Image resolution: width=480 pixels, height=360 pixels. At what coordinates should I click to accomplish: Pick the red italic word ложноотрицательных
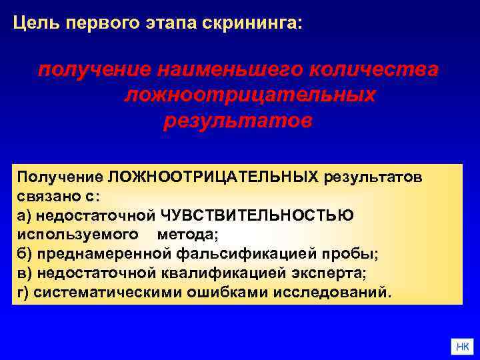[250, 95]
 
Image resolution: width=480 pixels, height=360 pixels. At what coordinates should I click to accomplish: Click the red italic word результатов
[237, 121]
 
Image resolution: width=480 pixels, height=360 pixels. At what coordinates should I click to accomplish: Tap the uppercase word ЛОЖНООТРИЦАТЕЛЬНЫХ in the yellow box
[213, 177]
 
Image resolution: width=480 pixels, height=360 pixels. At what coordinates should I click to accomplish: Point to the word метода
[187, 235]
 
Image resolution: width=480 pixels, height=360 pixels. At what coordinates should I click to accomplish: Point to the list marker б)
[25, 254]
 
